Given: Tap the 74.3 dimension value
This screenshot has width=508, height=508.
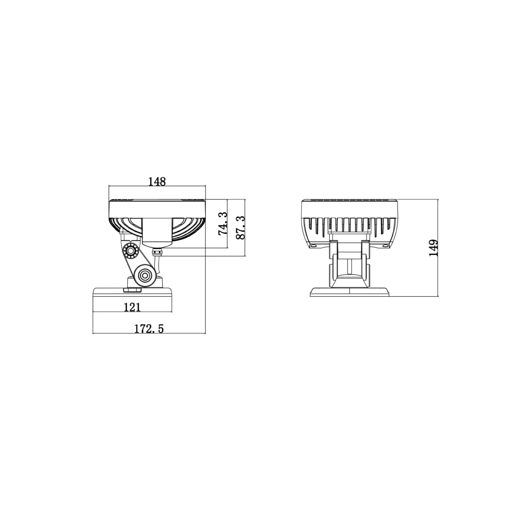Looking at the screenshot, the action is (x=222, y=224).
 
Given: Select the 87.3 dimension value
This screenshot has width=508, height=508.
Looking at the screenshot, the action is (x=240, y=228).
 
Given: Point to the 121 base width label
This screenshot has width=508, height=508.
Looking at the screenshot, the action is (x=132, y=307).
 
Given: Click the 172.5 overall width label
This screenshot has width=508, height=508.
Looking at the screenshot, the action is (x=149, y=329).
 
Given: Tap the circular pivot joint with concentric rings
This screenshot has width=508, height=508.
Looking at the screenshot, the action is (x=144, y=275).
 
